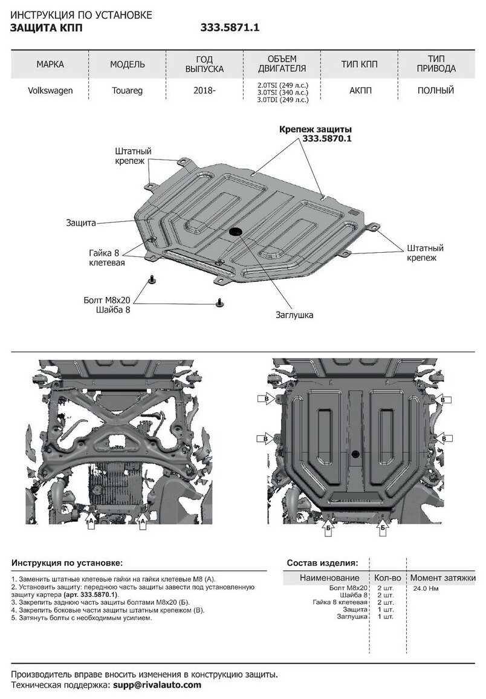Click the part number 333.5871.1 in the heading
(x=230, y=27)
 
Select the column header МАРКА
(x=50, y=64)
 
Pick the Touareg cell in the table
(x=127, y=91)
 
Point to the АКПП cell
(x=360, y=91)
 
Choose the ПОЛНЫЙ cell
(x=436, y=91)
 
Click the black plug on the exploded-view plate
(x=236, y=232)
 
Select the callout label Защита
(x=81, y=223)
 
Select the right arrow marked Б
(x=382, y=528)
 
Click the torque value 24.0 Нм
(x=425, y=588)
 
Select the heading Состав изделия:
(x=322, y=563)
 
